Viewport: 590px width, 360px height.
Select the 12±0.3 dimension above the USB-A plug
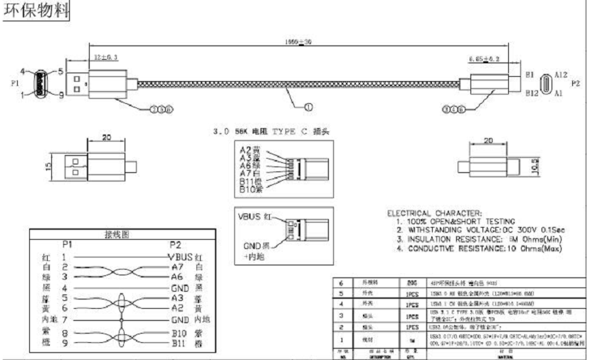point(105,56)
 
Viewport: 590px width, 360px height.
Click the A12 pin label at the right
point(561,75)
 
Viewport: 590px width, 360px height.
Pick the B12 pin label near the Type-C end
point(530,92)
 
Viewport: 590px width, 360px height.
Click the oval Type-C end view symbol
point(547,83)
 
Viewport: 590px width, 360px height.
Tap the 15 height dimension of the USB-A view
point(47,168)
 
